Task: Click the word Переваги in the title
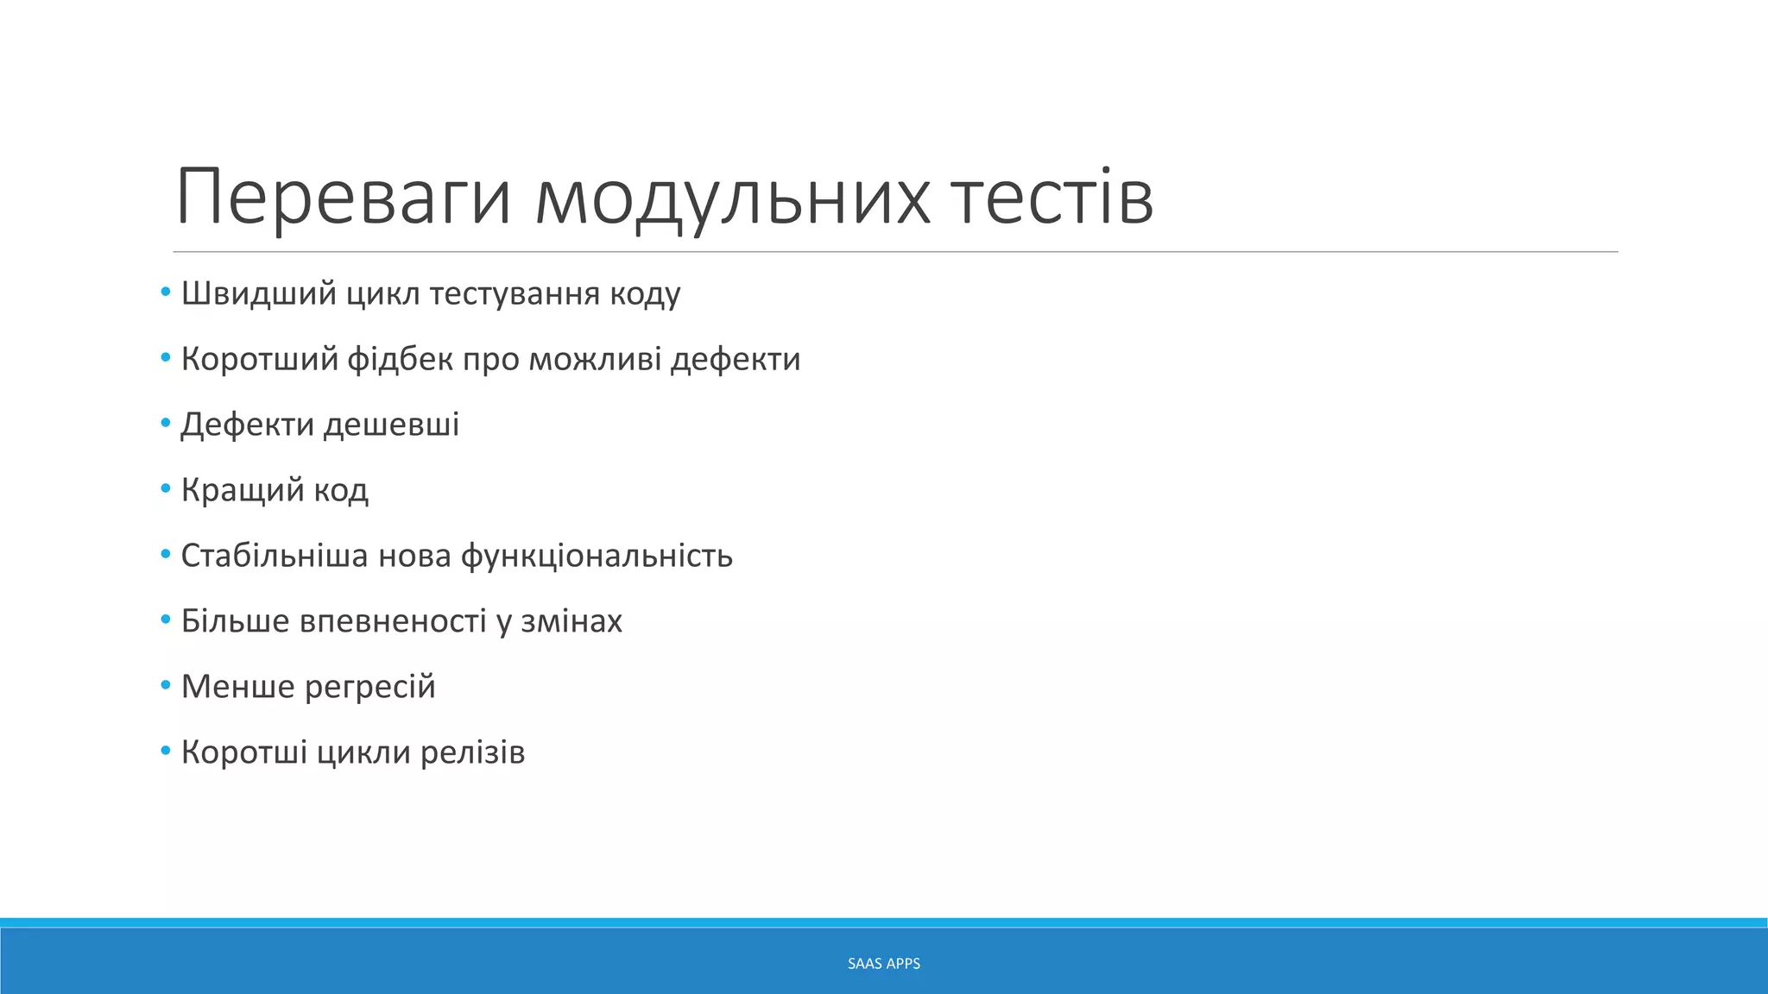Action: (344, 198)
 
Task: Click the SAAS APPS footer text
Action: (884, 964)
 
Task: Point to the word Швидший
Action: (258, 294)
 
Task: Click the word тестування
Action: (515, 294)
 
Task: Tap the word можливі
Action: (595, 360)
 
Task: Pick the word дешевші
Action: (391, 425)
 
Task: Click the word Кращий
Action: (242, 491)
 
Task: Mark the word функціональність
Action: (597, 557)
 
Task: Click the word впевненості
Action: (393, 621)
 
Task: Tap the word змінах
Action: (571, 621)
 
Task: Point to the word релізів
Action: (472, 752)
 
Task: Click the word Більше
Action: (235, 621)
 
